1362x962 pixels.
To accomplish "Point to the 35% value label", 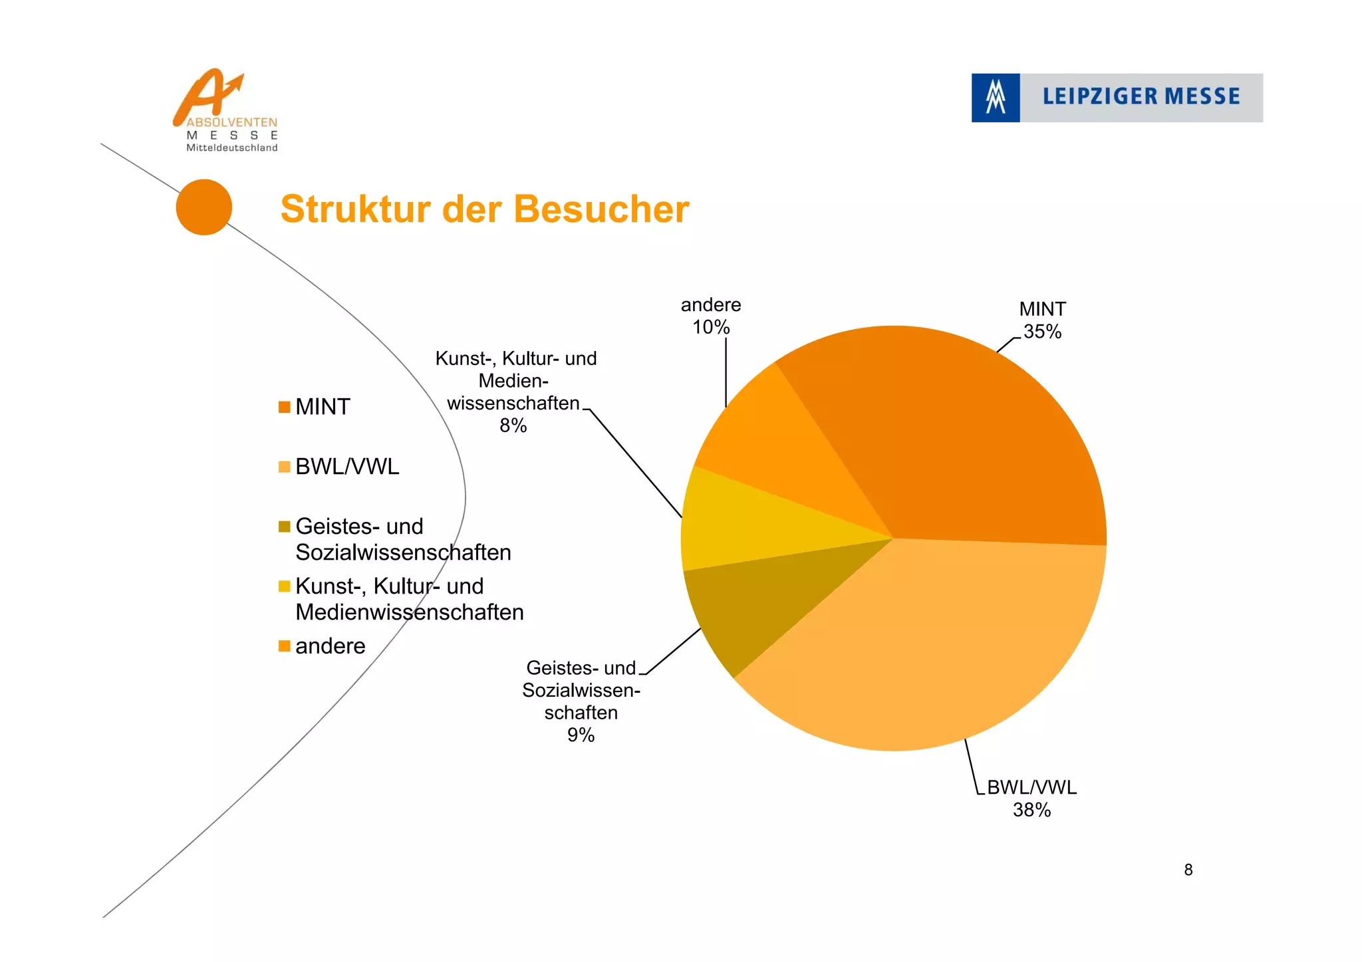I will pos(1042,332).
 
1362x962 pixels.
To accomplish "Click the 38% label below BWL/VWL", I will pos(1031,810).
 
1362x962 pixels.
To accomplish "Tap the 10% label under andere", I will pos(711,327).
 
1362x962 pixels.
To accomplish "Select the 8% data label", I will pos(513,425).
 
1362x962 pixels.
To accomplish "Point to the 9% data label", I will pos(581,735).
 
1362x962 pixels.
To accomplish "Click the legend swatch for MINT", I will pos(285,407).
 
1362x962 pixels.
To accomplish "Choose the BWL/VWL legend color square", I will pos(285,467).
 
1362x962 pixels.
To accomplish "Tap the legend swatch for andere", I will pos(285,646).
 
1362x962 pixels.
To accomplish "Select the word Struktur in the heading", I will pos(356,209).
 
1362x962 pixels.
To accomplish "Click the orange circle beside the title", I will pos(204,207).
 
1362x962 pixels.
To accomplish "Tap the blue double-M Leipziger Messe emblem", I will pos(996,98).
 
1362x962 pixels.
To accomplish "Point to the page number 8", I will pos(1188,870).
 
